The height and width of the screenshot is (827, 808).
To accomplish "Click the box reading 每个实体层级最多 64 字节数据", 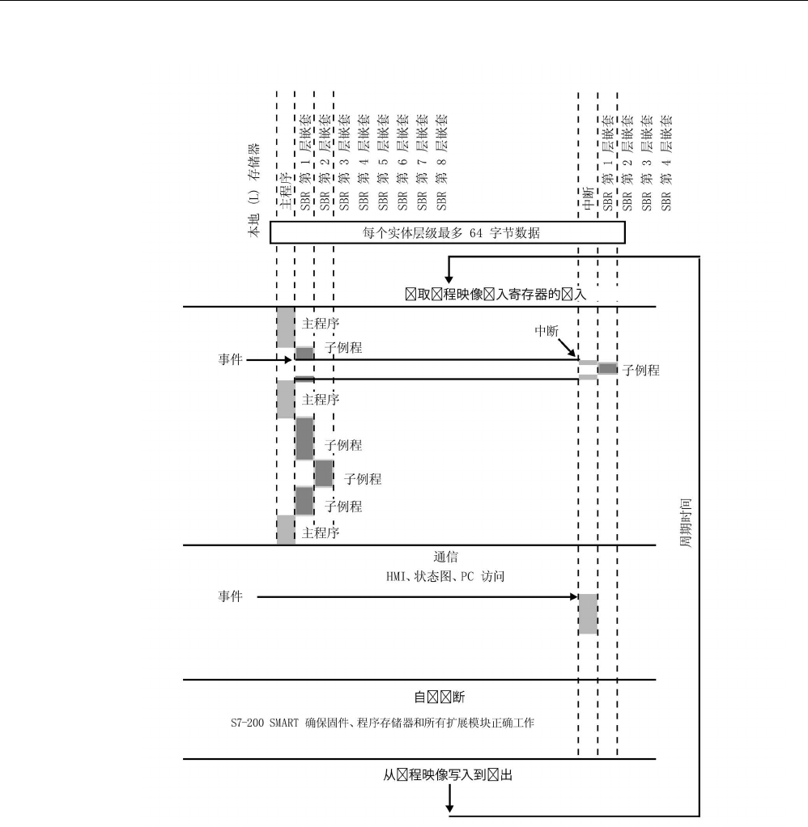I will [447, 233].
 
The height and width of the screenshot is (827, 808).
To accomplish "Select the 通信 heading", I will [447, 558].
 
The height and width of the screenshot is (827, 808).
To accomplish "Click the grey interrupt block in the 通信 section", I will [588, 613].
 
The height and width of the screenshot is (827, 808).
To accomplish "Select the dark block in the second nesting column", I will [324, 473].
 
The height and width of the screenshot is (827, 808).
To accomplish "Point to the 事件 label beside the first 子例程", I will [228, 358].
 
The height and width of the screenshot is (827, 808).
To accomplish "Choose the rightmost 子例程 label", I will [640, 371].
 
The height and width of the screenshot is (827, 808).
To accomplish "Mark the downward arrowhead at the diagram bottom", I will [449, 807].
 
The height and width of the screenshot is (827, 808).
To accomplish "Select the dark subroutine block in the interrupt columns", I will [607, 369].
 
